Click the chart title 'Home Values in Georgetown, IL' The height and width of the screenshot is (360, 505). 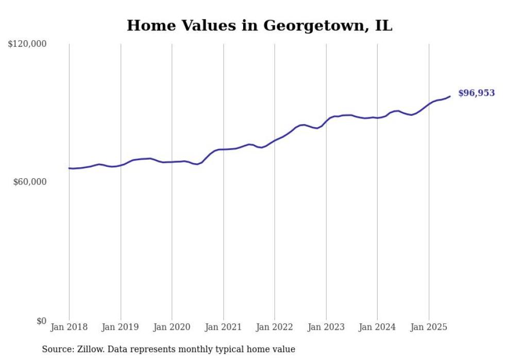259,25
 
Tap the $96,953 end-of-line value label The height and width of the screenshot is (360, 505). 476,93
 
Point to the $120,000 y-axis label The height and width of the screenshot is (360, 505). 27,44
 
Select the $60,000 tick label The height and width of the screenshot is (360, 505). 29,182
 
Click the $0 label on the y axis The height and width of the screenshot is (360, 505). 41,321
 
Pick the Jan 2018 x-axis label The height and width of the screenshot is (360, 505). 69,327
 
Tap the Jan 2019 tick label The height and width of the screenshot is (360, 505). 121,327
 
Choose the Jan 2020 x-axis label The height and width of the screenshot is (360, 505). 172,327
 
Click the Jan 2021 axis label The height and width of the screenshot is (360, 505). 223,327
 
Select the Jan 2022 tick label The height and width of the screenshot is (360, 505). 275,327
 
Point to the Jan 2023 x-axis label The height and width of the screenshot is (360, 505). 326,327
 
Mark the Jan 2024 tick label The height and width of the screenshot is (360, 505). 377,327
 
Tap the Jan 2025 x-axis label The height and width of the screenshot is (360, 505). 429,327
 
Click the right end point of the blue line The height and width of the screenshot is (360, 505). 450,96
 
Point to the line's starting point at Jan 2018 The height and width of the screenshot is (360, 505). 69,168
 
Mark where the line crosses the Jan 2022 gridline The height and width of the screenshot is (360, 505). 275,141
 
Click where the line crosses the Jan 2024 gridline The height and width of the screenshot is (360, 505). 377,118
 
